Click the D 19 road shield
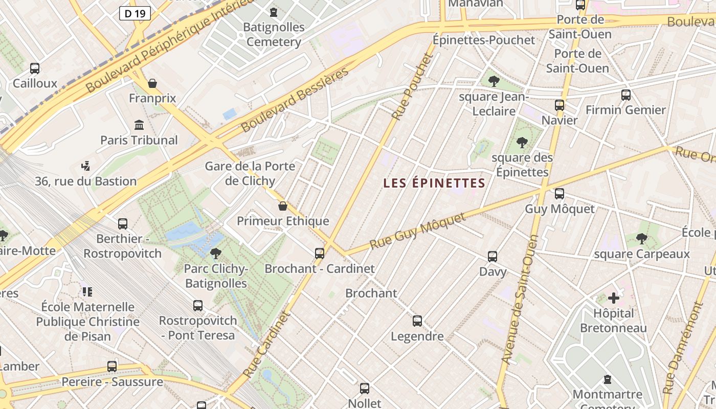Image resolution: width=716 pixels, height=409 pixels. click(135, 13)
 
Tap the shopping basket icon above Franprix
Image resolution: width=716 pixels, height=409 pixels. click(152, 83)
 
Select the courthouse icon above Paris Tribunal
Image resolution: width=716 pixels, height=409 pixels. click(139, 125)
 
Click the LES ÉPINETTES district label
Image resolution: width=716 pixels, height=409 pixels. click(434, 183)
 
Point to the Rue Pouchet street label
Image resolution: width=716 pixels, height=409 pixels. click(412, 87)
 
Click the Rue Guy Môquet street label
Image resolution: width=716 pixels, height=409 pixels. click(418, 231)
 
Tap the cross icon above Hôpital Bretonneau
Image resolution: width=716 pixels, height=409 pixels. click(614, 298)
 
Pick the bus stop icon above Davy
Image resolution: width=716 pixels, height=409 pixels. click(493, 257)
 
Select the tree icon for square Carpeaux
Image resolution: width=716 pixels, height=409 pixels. click(642, 239)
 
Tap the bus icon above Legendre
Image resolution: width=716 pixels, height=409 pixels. click(417, 321)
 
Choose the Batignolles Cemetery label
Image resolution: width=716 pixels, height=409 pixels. click(274, 34)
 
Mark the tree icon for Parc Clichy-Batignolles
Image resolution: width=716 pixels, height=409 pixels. click(216, 253)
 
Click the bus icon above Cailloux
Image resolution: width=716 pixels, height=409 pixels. click(35, 69)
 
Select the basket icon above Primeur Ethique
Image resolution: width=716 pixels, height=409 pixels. click(283, 206)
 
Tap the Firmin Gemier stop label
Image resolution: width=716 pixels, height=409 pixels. click(625, 110)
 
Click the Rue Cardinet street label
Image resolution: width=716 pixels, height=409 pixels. click(267, 345)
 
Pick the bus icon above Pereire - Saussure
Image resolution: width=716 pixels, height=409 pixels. click(112, 366)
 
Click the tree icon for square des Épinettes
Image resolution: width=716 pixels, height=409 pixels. click(522, 142)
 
